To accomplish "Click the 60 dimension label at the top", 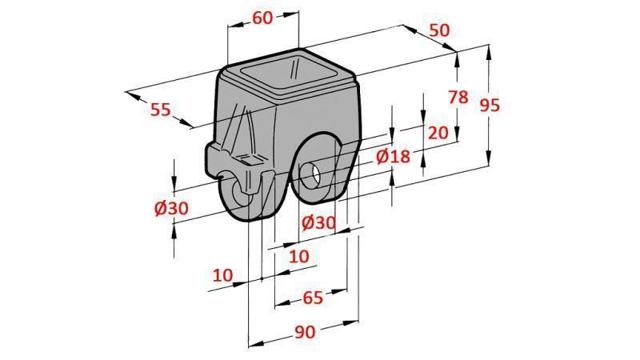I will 262,18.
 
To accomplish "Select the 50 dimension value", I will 439,30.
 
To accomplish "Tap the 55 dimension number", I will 161,110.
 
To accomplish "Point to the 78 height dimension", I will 458,98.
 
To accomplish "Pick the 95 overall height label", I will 490,104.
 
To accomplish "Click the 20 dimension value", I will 438,133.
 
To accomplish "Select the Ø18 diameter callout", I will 392,156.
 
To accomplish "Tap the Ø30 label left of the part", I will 172,208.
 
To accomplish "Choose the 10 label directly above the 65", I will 298,256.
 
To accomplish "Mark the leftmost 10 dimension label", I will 223,274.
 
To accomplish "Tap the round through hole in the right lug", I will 311,173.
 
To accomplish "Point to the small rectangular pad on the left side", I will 249,161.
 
